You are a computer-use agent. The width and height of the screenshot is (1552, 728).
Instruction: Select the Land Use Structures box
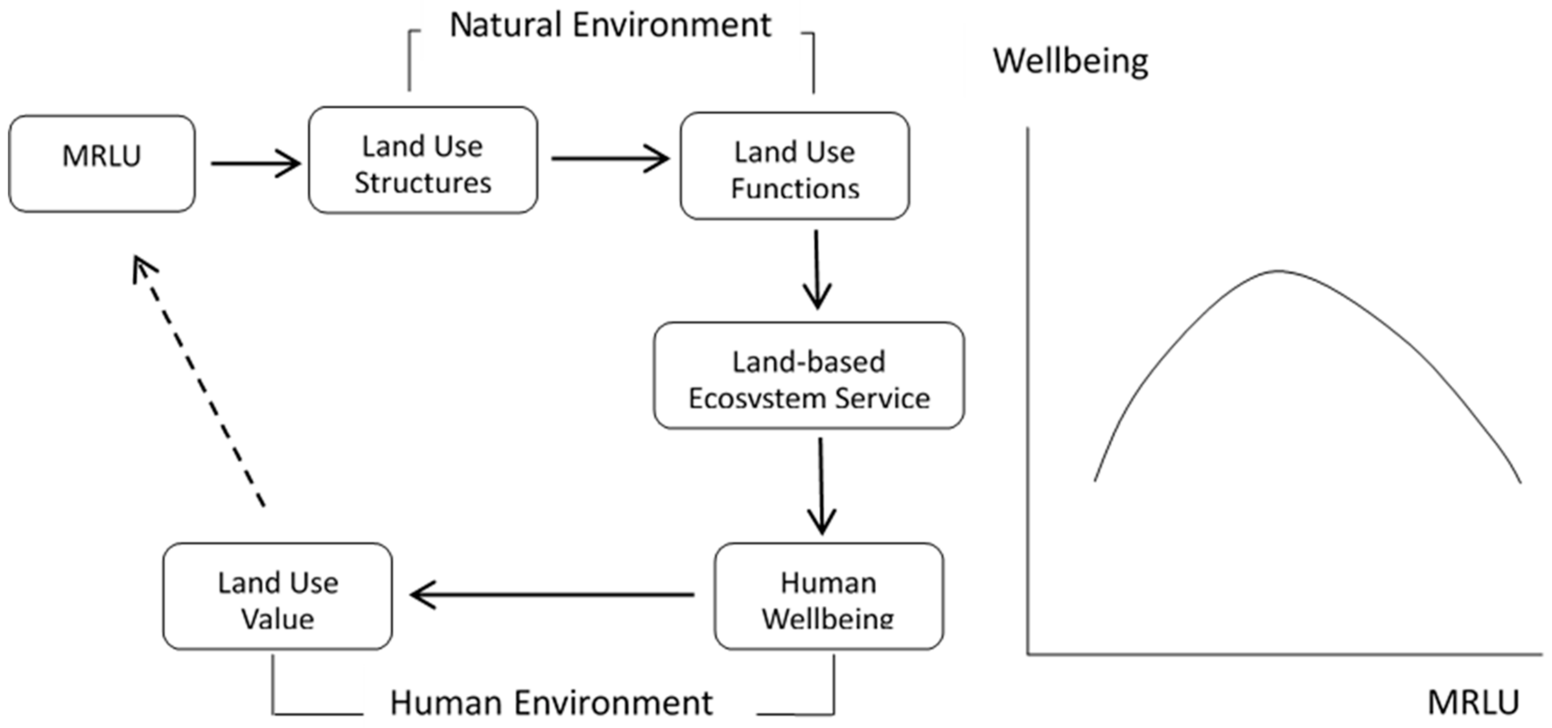click(x=422, y=160)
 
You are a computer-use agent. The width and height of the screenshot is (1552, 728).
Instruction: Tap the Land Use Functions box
click(x=795, y=166)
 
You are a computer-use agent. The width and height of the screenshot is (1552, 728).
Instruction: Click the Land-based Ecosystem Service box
click(x=809, y=376)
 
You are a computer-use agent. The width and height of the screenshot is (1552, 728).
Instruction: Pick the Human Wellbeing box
click(x=829, y=596)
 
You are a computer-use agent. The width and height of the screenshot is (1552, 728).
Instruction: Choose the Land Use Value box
click(x=278, y=596)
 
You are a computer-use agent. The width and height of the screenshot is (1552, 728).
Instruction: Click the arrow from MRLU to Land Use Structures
click(x=255, y=163)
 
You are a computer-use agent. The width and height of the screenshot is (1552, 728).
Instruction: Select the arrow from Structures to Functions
click(x=610, y=158)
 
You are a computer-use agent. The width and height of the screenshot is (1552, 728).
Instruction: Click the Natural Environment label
click(x=610, y=25)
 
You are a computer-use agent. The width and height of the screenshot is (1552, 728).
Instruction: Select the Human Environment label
click(x=551, y=702)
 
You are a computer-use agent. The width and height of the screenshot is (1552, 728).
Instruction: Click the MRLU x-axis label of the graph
click(x=1473, y=702)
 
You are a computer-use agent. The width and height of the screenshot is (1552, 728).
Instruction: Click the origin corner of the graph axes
click(x=1028, y=654)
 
